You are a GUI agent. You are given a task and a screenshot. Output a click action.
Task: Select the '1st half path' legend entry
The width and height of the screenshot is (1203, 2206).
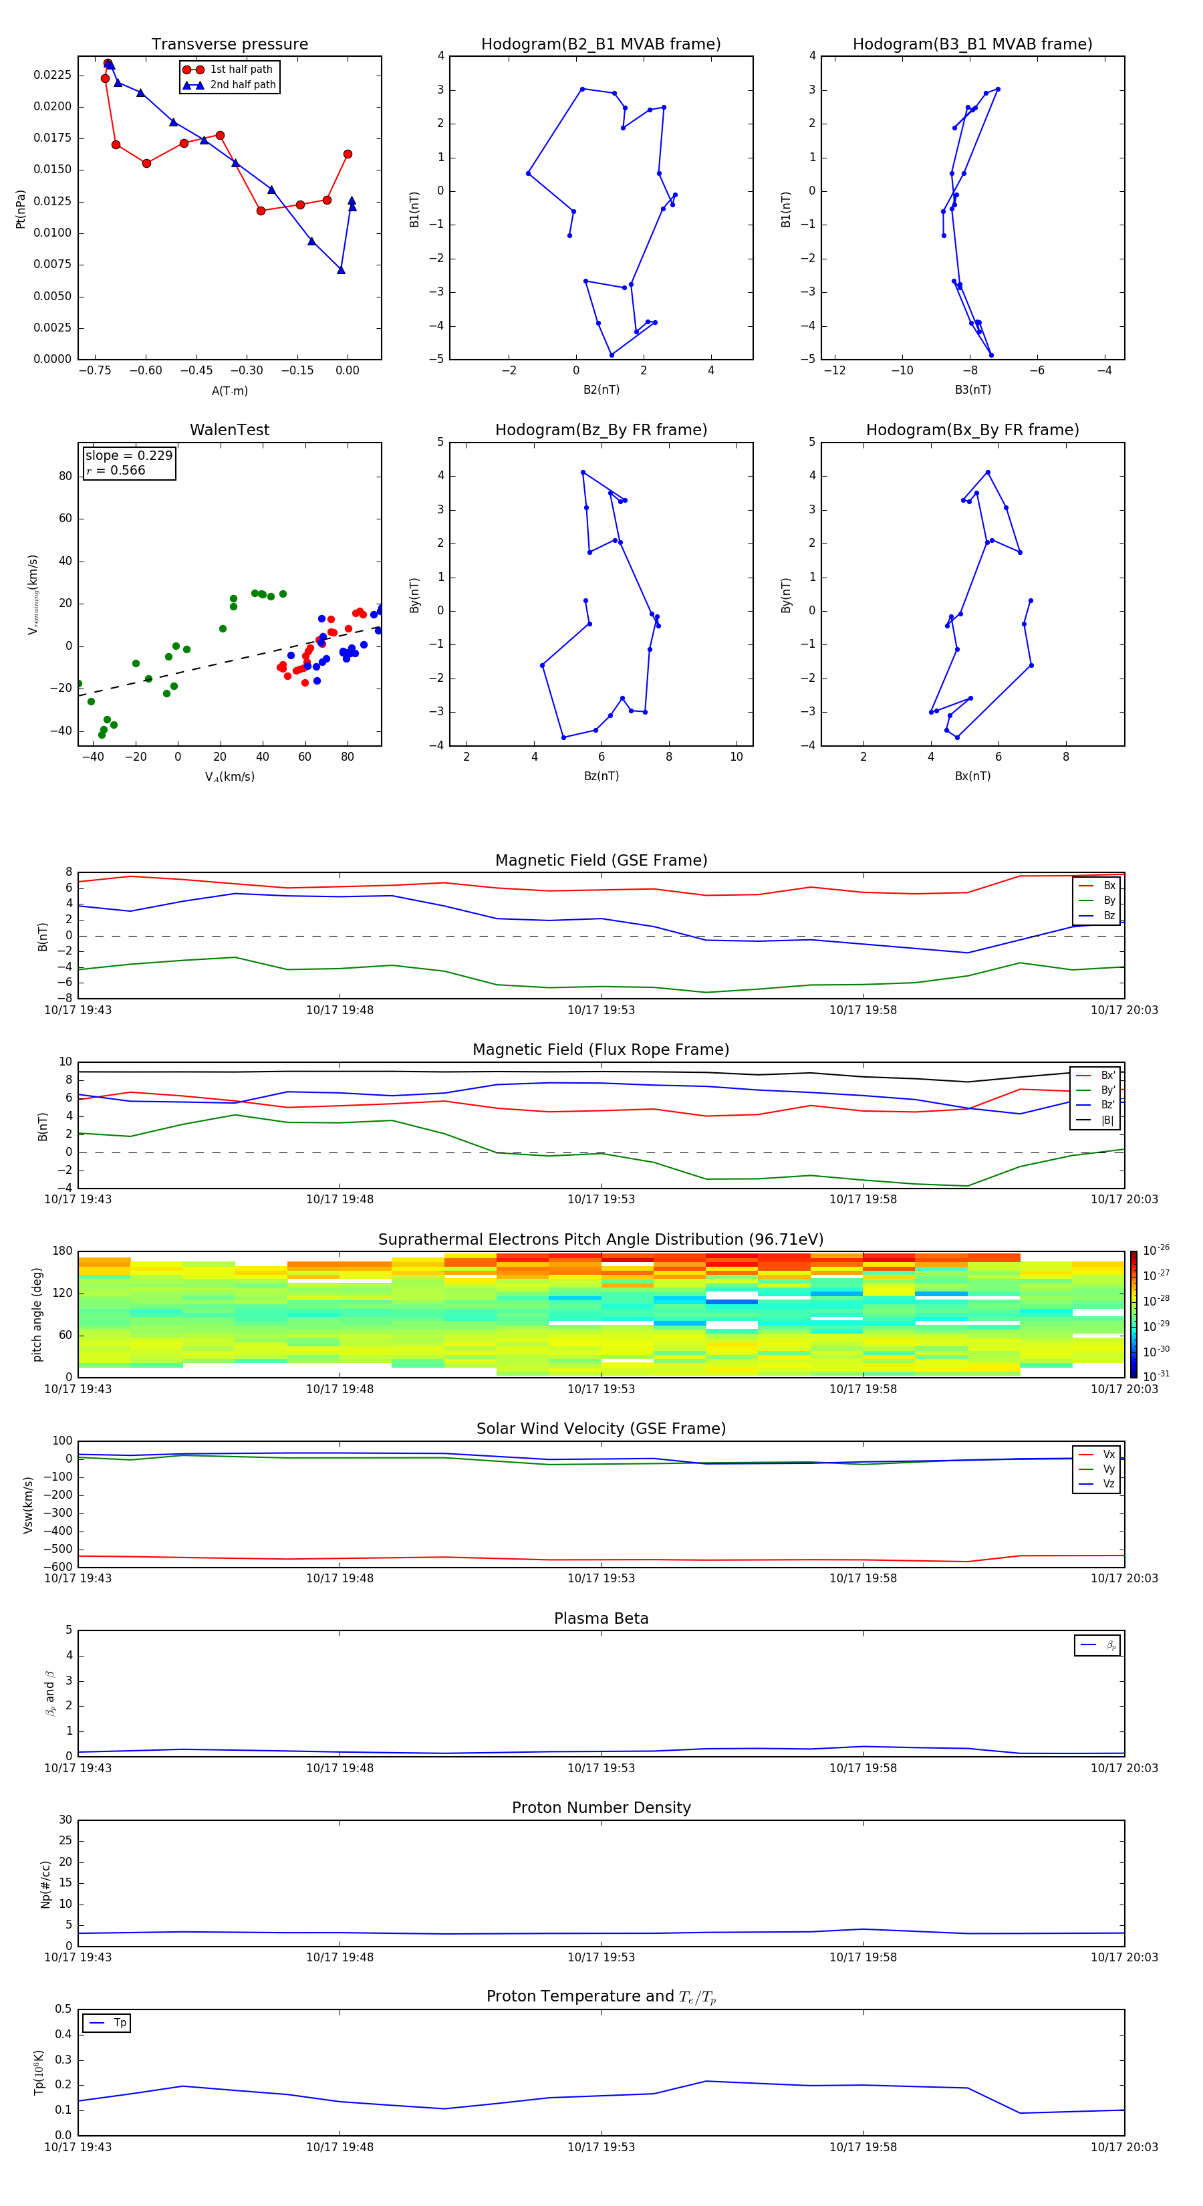pyautogui.click(x=241, y=70)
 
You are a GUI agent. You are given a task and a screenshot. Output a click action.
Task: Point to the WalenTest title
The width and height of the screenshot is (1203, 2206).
pyautogui.click(x=229, y=430)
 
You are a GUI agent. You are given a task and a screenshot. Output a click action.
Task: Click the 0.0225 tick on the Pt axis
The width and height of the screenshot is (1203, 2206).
pyautogui.click(x=52, y=76)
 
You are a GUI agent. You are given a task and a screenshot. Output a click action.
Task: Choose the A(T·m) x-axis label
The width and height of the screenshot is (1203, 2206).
pyautogui.click(x=229, y=390)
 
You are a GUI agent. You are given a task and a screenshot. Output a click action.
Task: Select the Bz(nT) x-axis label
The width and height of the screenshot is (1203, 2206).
pyautogui.click(x=601, y=776)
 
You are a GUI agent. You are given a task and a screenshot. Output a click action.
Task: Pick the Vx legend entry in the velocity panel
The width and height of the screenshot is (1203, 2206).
pyautogui.click(x=1108, y=1454)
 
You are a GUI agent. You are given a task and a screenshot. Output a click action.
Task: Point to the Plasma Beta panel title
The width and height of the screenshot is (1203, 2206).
pyautogui.click(x=601, y=1618)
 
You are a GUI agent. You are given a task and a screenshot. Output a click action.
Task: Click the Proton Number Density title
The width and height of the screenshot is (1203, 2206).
pyautogui.click(x=601, y=1808)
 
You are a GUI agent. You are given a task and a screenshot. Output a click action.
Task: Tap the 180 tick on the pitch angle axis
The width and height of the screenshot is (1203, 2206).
pyautogui.click(x=63, y=1251)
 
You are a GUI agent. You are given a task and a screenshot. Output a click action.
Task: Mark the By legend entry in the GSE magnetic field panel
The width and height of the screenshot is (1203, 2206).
pyautogui.click(x=1109, y=900)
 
